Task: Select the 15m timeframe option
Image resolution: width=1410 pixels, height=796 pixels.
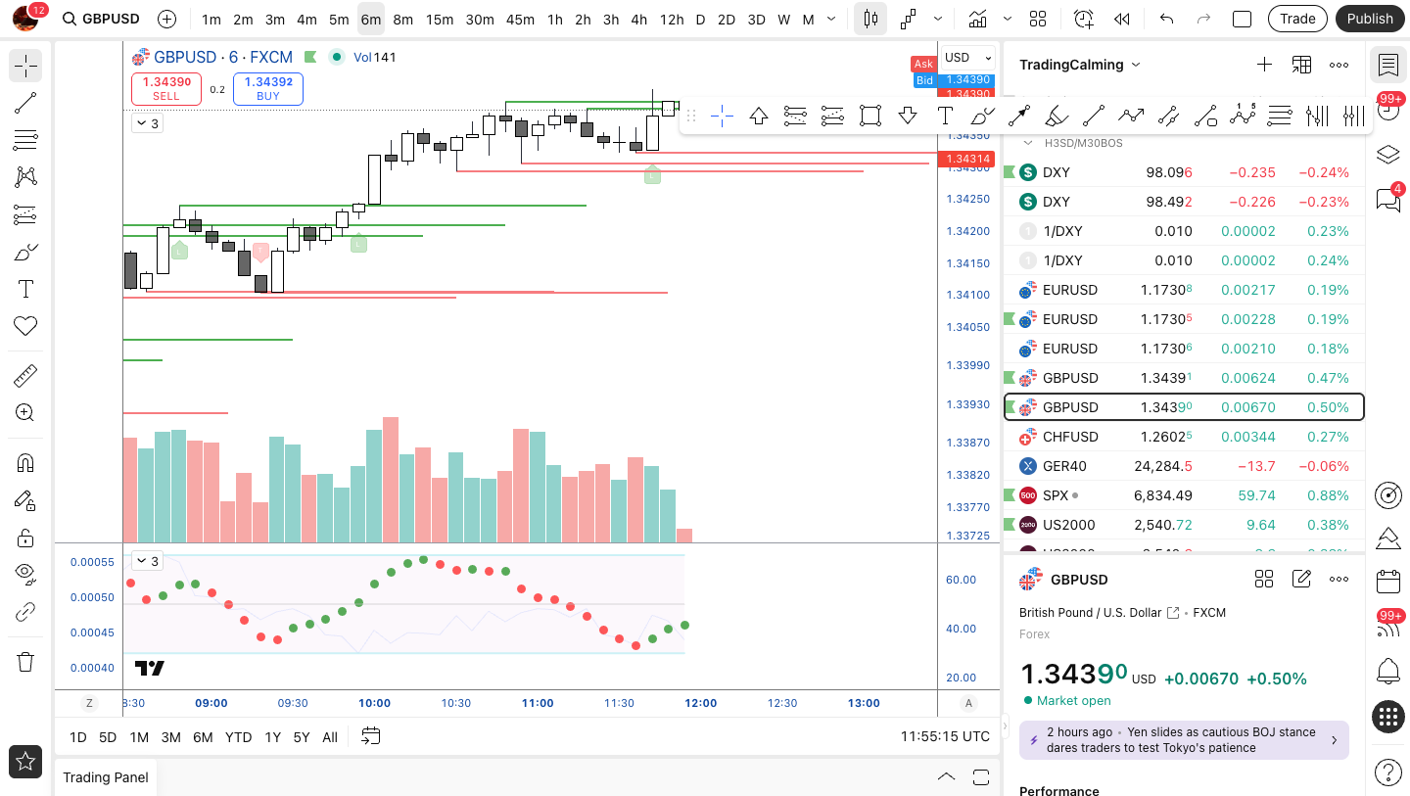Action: tap(440, 20)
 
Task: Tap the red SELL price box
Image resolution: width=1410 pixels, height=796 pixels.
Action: tap(166, 88)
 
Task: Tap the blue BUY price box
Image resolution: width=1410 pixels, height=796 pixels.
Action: tap(268, 88)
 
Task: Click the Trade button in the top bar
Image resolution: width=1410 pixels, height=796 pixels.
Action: tap(1297, 19)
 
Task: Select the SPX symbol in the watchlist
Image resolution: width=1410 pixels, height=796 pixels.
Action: tap(1056, 495)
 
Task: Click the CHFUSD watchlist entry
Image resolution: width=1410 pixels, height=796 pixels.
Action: tap(1069, 437)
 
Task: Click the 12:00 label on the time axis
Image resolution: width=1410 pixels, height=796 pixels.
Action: tap(701, 703)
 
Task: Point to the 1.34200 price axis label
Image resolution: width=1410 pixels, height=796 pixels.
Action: tap(967, 232)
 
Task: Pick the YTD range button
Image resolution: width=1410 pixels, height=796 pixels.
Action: tap(238, 737)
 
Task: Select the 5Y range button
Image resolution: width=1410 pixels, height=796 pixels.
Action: tap(301, 737)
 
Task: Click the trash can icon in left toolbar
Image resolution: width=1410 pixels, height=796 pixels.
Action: tap(25, 662)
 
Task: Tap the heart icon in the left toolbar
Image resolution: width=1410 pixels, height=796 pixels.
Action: tap(25, 326)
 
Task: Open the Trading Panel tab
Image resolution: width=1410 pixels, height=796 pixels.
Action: tap(106, 777)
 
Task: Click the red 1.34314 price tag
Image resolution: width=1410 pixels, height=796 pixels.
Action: tap(965, 159)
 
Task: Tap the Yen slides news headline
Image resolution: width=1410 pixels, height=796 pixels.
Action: tap(1183, 740)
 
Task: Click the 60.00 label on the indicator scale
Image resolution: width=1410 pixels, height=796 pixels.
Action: tap(961, 580)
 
